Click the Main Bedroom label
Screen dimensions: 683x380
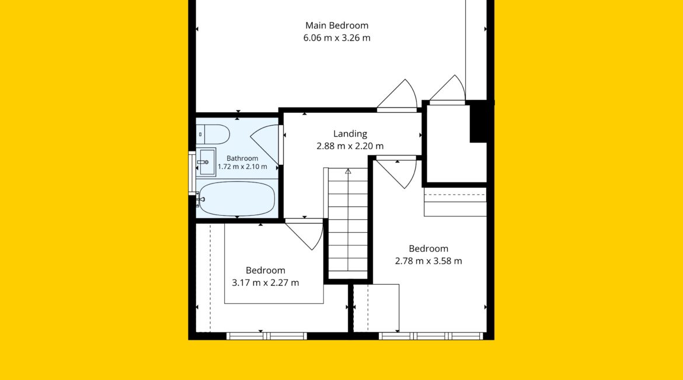point(337,25)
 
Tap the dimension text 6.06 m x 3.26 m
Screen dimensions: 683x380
point(337,38)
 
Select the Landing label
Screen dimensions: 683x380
point(350,134)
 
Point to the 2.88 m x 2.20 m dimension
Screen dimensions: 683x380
point(350,146)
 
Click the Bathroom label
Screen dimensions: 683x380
point(242,158)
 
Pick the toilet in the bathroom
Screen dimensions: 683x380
point(213,134)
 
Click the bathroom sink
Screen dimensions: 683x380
point(205,162)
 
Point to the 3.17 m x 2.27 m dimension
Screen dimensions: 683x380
point(265,283)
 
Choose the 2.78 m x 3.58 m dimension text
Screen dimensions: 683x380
point(428,261)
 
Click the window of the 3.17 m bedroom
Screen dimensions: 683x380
point(267,336)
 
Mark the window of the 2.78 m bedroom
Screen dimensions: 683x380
point(431,336)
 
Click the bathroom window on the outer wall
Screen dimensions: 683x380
point(191,173)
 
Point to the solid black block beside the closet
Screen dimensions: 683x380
point(479,121)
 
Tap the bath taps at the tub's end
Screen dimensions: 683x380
point(200,199)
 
